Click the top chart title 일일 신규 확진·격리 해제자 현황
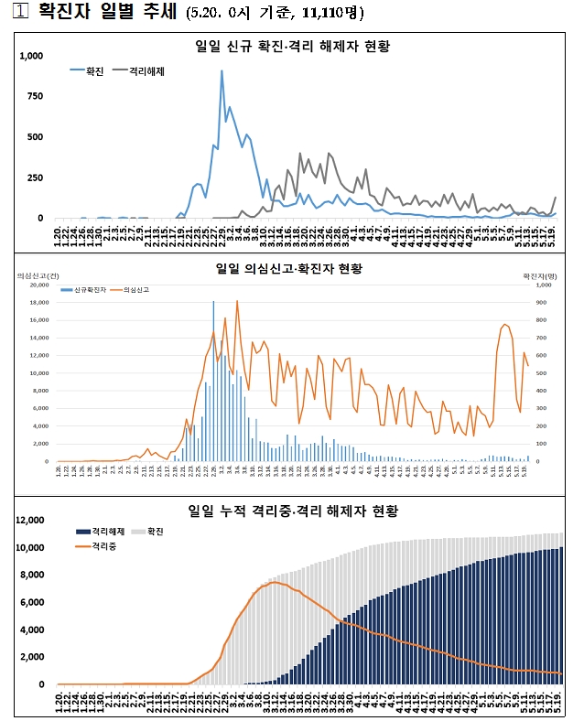[x=299, y=46]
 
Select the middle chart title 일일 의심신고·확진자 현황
[x=288, y=268]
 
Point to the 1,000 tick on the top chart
[x=31, y=57]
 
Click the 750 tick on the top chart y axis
[x=35, y=97]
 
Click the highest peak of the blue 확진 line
[x=222, y=71]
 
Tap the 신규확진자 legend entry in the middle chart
[x=83, y=289]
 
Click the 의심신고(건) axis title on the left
[x=38, y=274]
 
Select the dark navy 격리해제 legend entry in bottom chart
[x=99, y=532]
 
